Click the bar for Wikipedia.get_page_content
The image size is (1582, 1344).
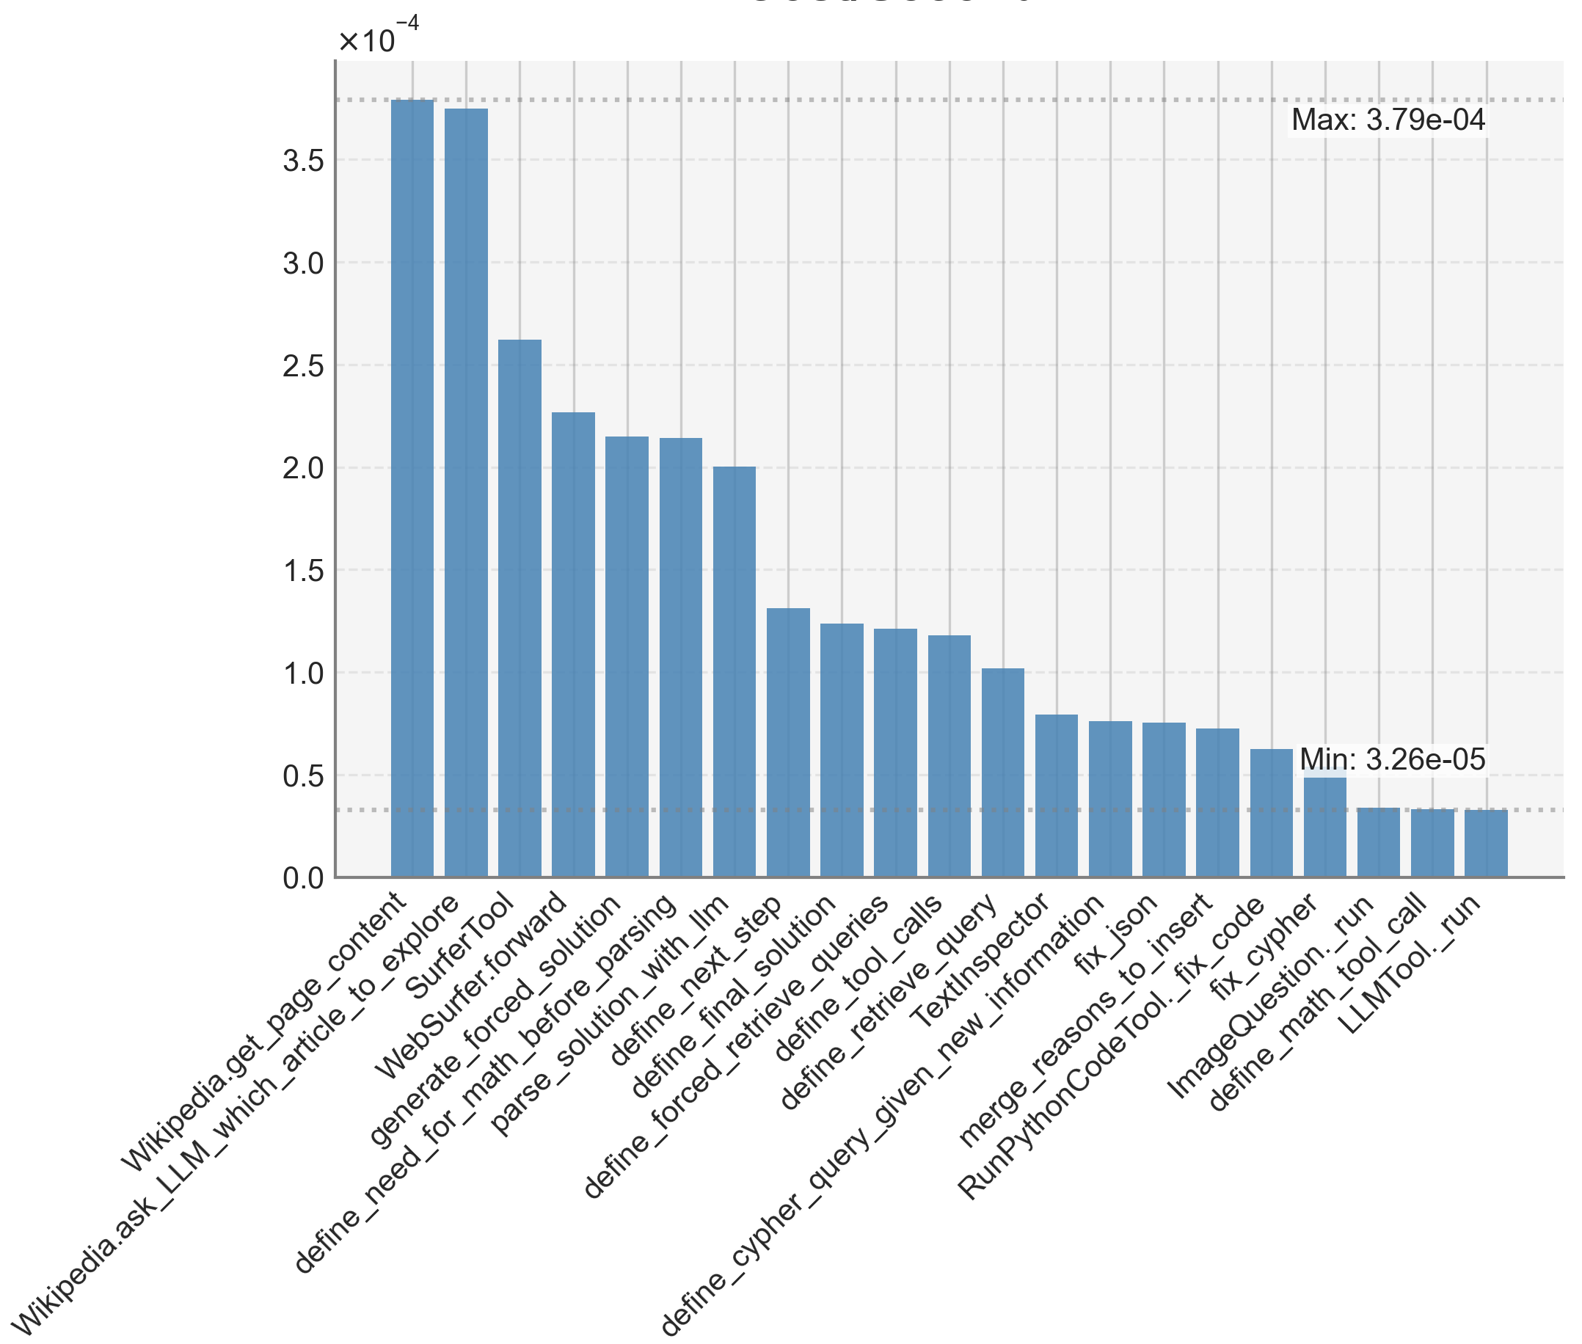point(412,488)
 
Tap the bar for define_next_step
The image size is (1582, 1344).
point(787,742)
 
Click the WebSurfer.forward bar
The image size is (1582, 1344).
point(572,644)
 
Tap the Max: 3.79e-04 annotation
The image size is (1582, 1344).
point(1388,120)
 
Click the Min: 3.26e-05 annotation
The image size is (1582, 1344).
point(1391,759)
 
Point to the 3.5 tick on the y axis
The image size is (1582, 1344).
point(303,161)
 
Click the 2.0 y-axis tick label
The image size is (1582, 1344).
point(303,468)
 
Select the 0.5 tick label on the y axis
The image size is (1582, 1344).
point(303,775)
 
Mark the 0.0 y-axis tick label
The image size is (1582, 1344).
point(303,877)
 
